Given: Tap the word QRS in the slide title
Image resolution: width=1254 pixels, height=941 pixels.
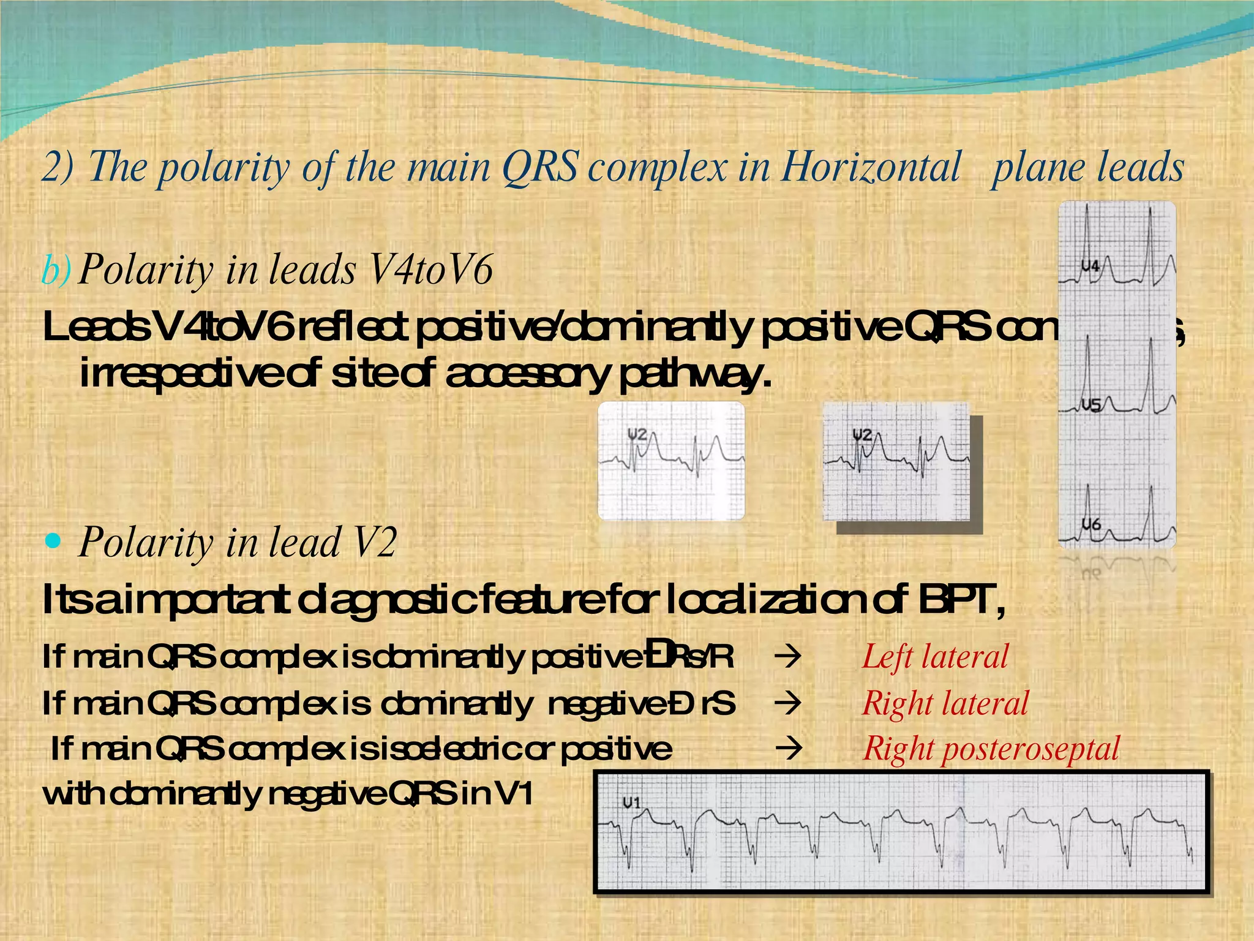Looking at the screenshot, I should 539,167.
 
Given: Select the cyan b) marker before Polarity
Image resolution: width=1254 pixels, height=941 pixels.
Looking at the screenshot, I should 56,270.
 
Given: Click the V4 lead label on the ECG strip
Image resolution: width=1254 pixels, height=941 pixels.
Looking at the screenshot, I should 1090,266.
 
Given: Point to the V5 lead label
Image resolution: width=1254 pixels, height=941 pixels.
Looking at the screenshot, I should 1091,405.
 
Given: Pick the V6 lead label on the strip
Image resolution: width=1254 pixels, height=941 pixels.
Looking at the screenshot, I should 1091,524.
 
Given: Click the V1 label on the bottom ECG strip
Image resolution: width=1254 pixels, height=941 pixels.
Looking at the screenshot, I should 631,803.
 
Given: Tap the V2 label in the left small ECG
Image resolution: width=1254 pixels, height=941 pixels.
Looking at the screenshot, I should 637,434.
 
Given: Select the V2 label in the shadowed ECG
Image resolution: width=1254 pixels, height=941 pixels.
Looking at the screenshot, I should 862,435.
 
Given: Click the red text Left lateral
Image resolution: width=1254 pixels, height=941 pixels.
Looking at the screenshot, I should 935,657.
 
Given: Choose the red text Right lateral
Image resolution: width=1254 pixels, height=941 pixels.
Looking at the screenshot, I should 945,703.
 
